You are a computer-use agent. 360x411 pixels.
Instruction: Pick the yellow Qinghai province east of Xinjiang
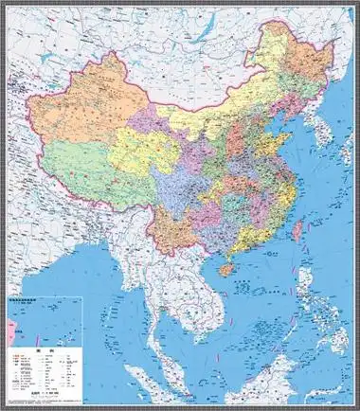(x=142, y=152)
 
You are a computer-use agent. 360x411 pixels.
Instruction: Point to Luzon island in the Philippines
(x=305, y=284)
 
